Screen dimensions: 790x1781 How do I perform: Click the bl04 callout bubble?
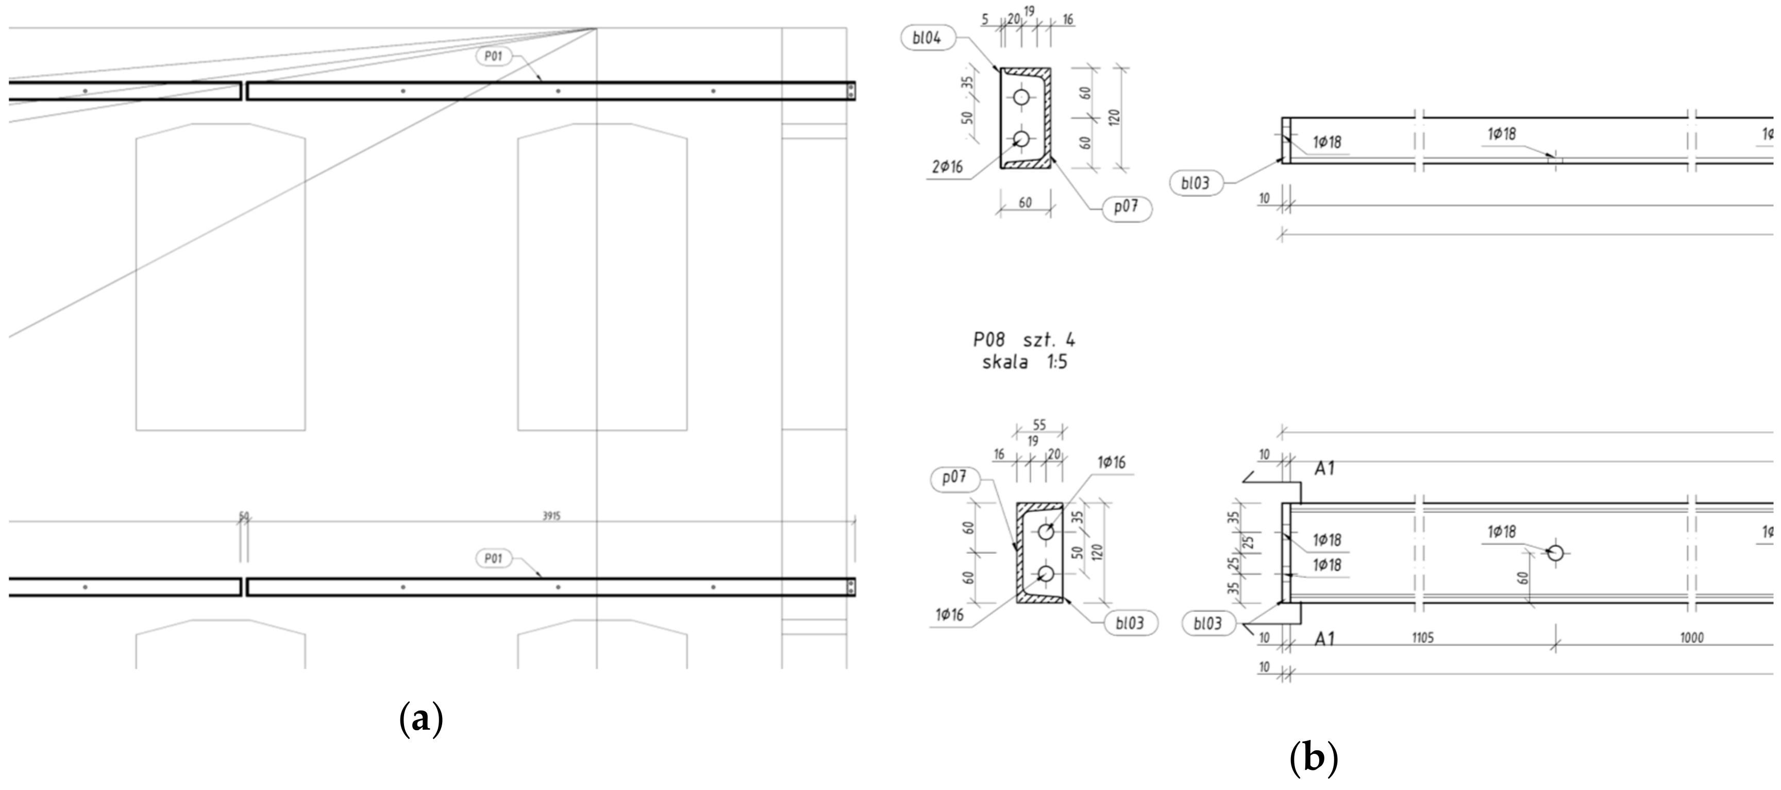927,38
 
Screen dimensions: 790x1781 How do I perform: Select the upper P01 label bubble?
493,57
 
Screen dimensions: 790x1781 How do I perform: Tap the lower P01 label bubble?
493,558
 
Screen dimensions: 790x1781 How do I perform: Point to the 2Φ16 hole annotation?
947,167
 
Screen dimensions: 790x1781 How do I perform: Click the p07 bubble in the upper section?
1125,207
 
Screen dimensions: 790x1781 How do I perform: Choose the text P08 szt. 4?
1024,340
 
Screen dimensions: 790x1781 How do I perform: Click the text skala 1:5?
1024,362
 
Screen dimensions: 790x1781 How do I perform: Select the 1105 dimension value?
1422,638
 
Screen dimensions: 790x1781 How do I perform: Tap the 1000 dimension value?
1691,638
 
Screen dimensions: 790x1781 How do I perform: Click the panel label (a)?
421,719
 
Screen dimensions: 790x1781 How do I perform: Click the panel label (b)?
1314,758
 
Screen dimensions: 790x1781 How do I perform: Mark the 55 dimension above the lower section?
1039,425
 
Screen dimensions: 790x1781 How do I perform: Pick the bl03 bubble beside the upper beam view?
1196,183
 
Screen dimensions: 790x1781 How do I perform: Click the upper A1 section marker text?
1324,469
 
